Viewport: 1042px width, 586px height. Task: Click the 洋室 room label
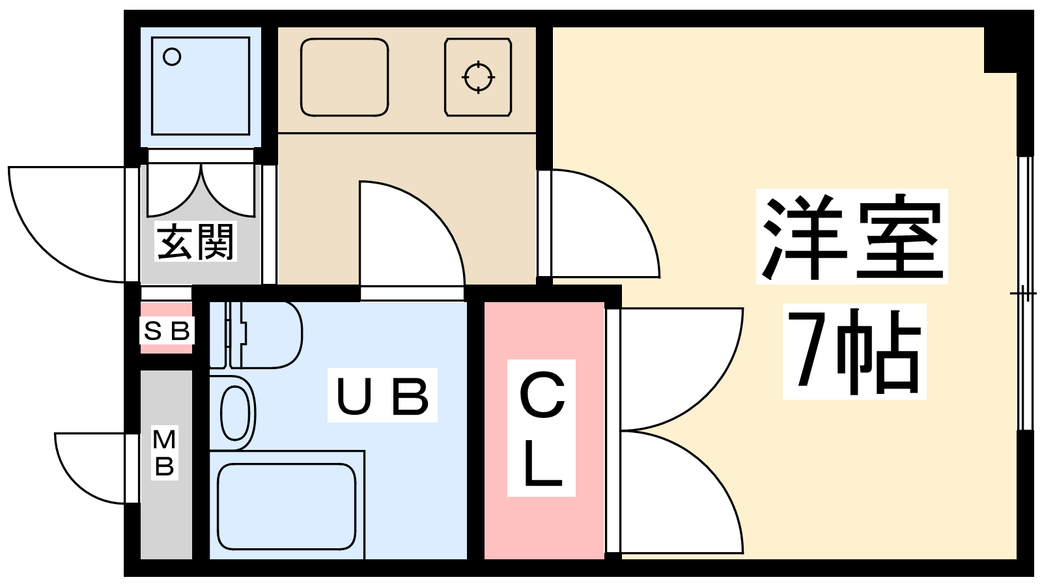[x=852, y=237]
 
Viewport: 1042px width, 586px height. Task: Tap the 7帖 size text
[x=854, y=352]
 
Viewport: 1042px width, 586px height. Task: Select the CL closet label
[x=541, y=428]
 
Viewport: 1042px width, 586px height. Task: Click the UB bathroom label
[x=382, y=396]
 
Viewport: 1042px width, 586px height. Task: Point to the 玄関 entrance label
[x=195, y=242]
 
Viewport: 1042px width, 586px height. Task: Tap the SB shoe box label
[x=167, y=331]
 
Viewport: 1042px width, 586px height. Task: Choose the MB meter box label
[x=165, y=453]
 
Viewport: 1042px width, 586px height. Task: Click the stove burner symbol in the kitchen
[x=478, y=77]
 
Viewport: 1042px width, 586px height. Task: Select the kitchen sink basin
[x=345, y=77]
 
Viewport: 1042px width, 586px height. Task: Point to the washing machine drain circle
[x=172, y=57]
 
